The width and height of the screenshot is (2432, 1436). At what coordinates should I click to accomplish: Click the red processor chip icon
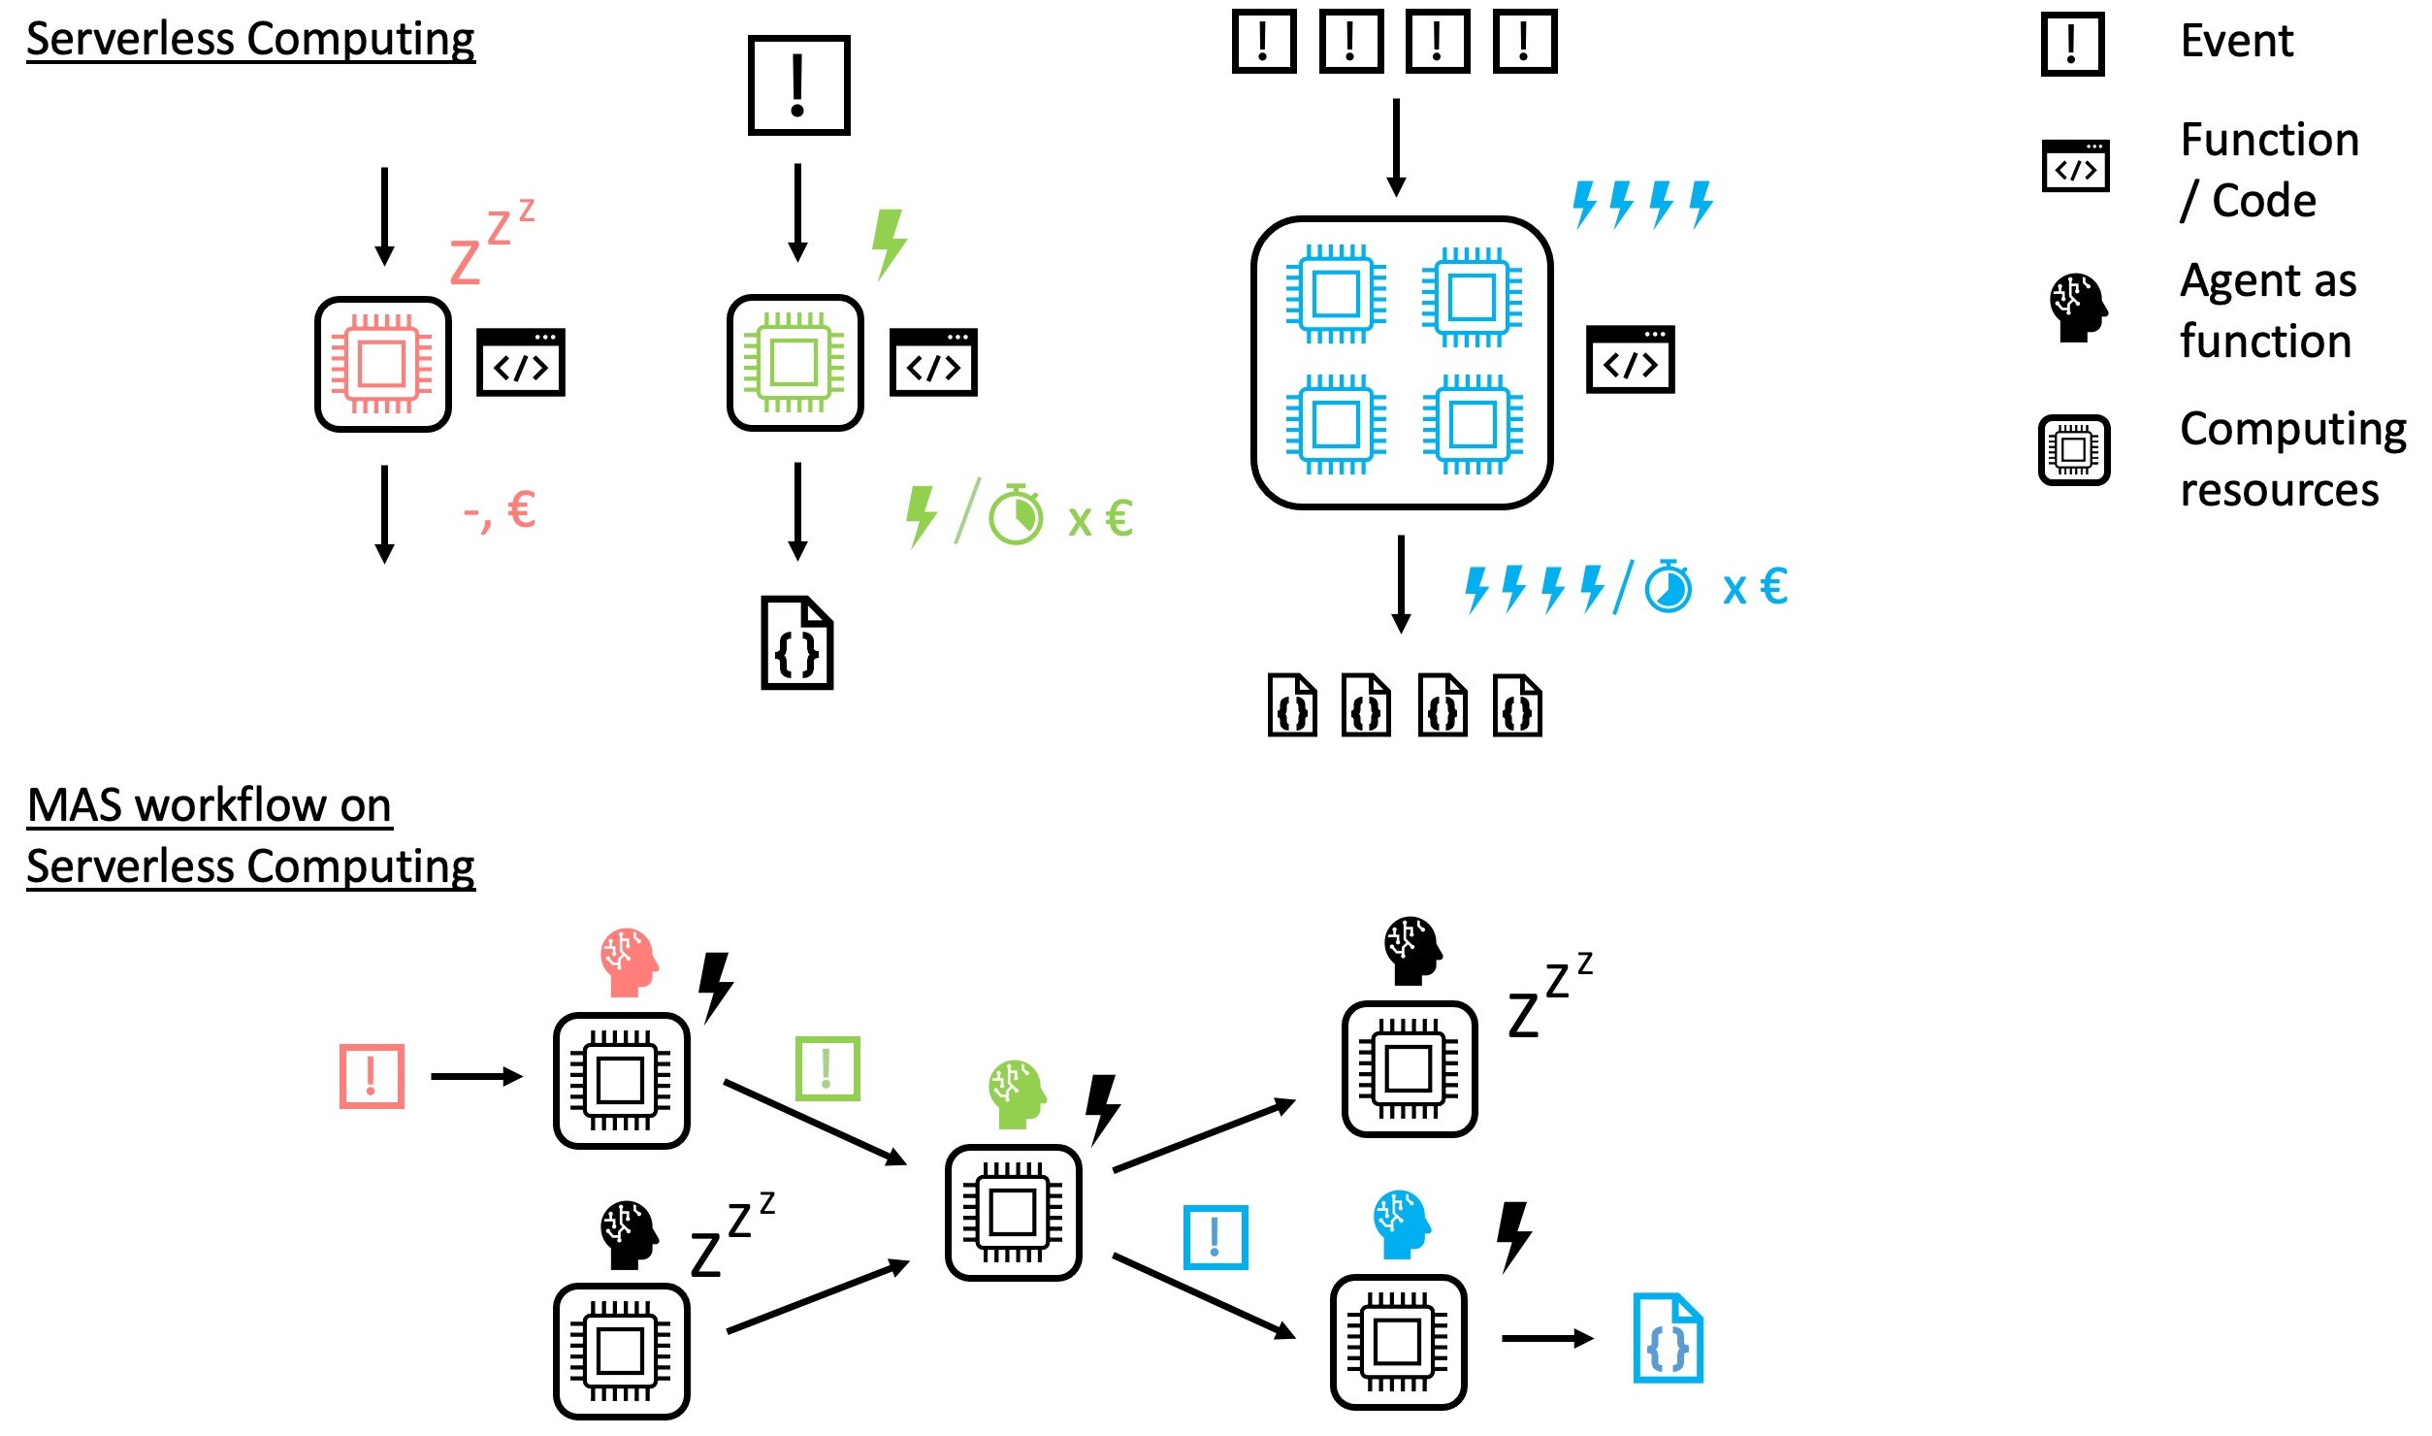pyautogui.click(x=382, y=364)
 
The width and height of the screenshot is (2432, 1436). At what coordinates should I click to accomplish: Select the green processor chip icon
pyautogui.click(x=794, y=363)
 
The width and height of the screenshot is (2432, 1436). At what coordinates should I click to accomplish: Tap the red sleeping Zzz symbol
pyautogui.click(x=490, y=243)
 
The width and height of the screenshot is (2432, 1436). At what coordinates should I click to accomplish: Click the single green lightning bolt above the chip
pyautogui.click(x=889, y=243)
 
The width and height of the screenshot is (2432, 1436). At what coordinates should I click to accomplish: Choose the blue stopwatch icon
pyautogui.click(x=1669, y=586)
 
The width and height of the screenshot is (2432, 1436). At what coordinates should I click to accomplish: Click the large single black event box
pyautogui.click(x=798, y=85)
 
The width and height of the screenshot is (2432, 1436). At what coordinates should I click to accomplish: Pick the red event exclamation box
pyautogui.click(x=372, y=1076)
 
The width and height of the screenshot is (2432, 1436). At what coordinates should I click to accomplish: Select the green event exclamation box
pyautogui.click(x=827, y=1068)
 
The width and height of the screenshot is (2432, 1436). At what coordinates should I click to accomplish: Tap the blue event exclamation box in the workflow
pyautogui.click(x=1215, y=1237)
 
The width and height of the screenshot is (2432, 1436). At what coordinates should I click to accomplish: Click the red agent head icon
pyautogui.click(x=629, y=962)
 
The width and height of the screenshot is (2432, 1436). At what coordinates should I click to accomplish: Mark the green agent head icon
pyautogui.click(x=1017, y=1093)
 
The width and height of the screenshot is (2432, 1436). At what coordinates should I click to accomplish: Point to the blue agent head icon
pyautogui.click(x=1402, y=1224)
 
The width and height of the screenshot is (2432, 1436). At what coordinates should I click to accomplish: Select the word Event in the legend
pyautogui.click(x=2236, y=41)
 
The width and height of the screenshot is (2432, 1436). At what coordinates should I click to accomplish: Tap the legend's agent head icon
pyautogui.click(x=2077, y=308)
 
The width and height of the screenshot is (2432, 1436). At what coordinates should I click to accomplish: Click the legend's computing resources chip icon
pyautogui.click(x=2074, y=449)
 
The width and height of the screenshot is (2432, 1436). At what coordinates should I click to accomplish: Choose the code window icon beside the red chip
pyautogui.click(x=521, y=363)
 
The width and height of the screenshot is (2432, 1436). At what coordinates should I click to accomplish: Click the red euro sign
pyautogui.click(x=522, y=509)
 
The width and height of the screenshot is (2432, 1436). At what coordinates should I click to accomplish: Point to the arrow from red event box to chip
pyautogui.click(x=476, y=1076)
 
